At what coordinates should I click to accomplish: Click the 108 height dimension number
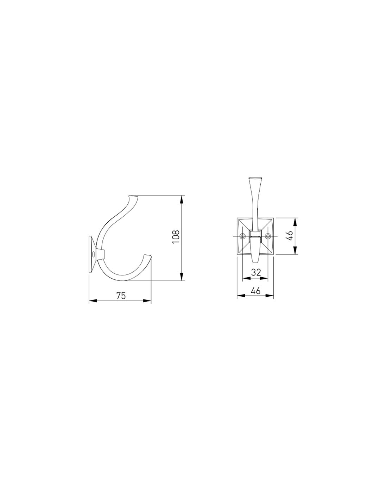click(176, 237)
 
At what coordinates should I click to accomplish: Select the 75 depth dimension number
click(121, 296)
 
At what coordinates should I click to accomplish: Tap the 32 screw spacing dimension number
click(256, 272)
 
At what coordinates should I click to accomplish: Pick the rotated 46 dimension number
click(290, 235)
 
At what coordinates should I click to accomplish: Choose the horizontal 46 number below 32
click(256, 291)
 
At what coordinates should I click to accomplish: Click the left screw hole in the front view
click(242, 236)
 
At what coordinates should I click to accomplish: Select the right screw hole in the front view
click(268, 236)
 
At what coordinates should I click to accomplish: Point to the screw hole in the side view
click(93, 254)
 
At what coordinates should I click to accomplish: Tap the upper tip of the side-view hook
click(134, 197)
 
